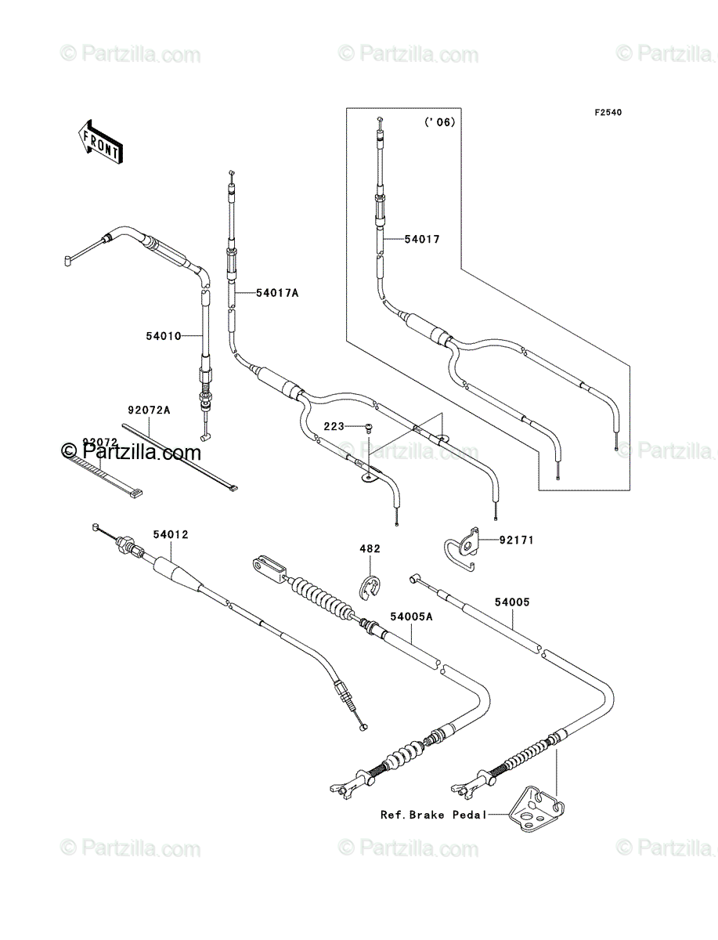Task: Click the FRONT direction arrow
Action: (x=100, y=141)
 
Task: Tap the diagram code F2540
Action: (x=608, y=113)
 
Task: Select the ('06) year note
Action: (x=439, y=122)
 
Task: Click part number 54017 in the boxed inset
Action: (x=422, y=239)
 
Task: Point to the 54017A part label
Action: (x=277, y=293)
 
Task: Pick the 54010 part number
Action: (x=164, y=336)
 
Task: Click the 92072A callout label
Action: (x=149, y=410)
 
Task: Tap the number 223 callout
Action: (x=334, y=426)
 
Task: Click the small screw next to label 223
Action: (x=369, y=428)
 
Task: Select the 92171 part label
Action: (x=517, y=540)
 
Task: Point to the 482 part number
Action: (x=370, y=548)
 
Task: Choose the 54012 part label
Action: (x=171, y=534)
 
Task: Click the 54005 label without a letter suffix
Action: (x=512, y=602)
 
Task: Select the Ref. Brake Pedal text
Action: (x=434, y=815)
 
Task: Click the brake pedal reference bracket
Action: (x=536, y=809)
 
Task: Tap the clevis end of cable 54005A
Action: (x=269, y=569)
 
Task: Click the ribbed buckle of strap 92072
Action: (x=134, y=493)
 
